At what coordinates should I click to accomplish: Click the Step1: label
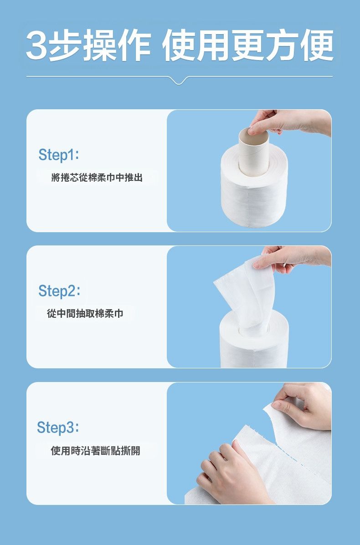coord(59,155)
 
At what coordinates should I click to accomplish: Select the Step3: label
coord(58,427)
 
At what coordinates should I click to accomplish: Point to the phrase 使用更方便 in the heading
coord(247,45)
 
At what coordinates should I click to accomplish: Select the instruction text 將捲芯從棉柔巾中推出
coord(97,178)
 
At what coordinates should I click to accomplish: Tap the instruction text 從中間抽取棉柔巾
coord(85,314)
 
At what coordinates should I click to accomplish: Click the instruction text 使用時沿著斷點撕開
coord(96,451)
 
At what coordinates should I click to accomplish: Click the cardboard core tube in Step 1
coord(253,153)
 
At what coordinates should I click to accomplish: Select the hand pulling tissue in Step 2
coord(292,259)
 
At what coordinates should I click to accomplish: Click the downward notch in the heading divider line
coord(179,81)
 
